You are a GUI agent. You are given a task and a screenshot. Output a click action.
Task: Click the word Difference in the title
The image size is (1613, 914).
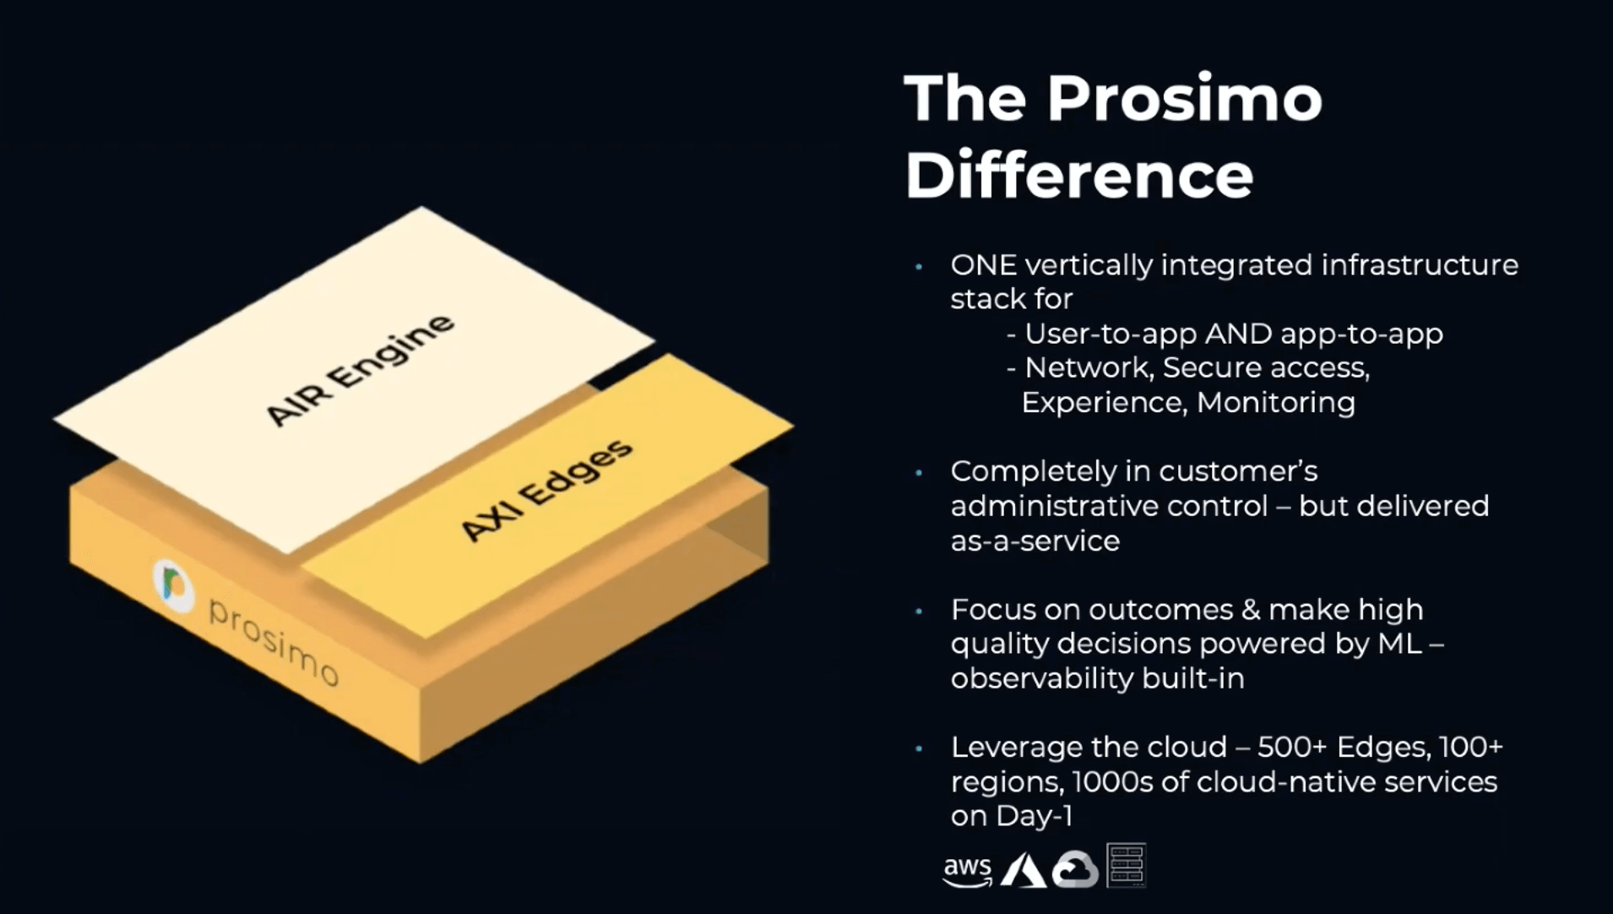[x=1078, y=176]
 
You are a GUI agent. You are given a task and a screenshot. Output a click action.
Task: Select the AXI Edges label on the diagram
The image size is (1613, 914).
[x=546, y=491]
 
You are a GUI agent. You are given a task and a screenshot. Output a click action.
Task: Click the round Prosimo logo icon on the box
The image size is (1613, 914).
[x=174, y=585]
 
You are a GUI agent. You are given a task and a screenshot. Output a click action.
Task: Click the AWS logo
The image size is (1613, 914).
[x=968, y=870]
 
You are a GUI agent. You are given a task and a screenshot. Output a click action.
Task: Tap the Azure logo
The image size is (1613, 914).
[x=1023, y=870]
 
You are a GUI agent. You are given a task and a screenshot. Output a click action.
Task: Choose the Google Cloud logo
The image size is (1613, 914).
[x=1074, y=870]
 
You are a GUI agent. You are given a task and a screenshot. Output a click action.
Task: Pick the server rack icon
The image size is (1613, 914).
[x=1126, y=866]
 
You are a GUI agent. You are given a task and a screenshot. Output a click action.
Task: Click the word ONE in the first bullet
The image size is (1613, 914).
[x=983, y=265]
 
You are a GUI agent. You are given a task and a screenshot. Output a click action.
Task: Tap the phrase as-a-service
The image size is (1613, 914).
[x=1035, y=541]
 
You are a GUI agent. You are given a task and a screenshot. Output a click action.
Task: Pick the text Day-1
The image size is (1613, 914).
[x=1035, y=816]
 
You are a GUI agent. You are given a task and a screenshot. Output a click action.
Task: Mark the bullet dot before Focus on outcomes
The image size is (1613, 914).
[x=919, y=611]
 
